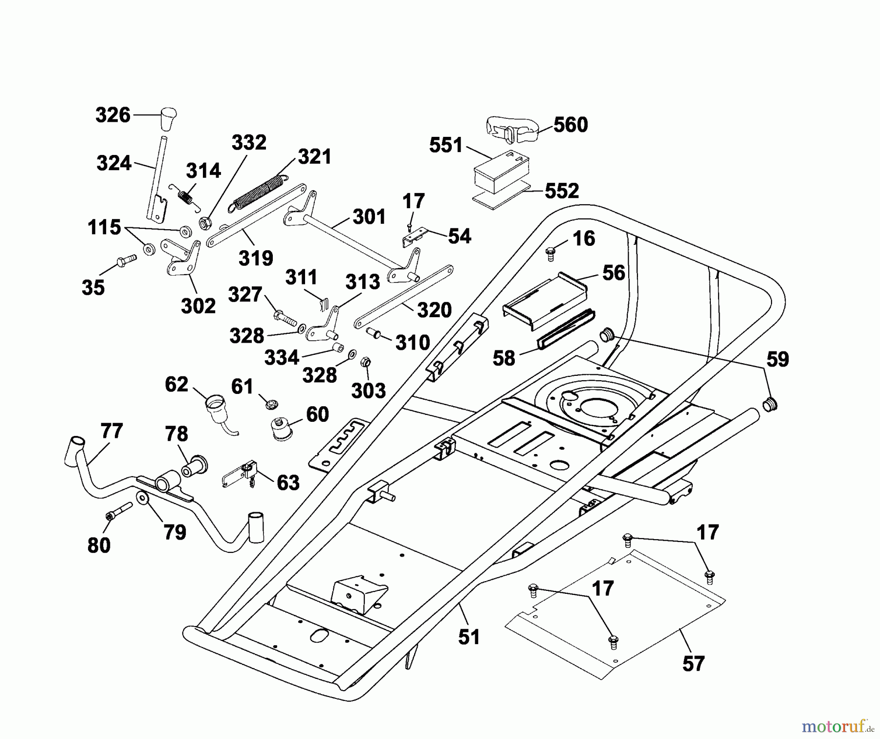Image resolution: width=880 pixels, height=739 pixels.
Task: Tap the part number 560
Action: tap(570, 125)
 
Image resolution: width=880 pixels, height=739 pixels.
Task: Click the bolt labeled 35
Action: tap(126, 261)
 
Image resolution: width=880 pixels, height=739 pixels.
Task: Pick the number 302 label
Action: tap(198, 306)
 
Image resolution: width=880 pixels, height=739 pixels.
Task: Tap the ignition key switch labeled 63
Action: tap(243, 472)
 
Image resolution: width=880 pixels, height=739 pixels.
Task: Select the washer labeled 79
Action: tap(143, 499)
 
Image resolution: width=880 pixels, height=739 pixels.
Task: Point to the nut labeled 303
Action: tap(364, 363)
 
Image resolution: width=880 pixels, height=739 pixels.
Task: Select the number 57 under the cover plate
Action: tap(693, 663)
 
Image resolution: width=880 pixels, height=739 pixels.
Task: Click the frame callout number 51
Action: tap(469, 637)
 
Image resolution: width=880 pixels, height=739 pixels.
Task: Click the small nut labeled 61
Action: tap(270, 404)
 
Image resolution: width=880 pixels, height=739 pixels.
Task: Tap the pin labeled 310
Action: tap(375, 334)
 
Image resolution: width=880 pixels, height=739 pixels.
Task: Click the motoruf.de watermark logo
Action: tap(836, 727)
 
